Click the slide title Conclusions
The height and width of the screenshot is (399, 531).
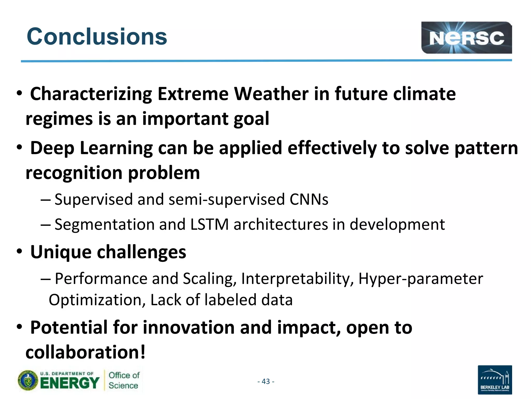(97, 37)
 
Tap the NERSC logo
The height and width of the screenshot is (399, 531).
(466, 38)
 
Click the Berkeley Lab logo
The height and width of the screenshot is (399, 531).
(494, 380)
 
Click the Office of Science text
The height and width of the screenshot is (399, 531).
(124, 380)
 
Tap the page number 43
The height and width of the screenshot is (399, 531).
(266, 381)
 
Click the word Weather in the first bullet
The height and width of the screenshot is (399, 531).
(271, 94)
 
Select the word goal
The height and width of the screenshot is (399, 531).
(251, 119)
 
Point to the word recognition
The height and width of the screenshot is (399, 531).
(74, 173)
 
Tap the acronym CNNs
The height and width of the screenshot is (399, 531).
(309, 199)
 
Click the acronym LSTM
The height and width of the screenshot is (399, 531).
(209, 224)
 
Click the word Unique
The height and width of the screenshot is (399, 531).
(61, 252)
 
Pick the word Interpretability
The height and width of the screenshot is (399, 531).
(297, 279)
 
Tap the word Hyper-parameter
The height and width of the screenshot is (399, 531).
(421, 279)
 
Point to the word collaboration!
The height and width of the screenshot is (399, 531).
(86, 353)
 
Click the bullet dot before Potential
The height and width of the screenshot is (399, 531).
(19, 327)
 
